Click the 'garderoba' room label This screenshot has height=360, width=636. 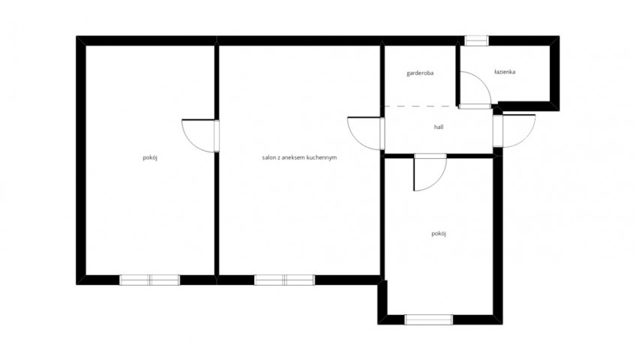tap(420, 73)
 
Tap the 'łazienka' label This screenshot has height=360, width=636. tap(505, 72)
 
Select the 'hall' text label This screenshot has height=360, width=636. tap(439, 127)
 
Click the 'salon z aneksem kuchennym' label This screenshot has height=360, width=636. tap(299, 157)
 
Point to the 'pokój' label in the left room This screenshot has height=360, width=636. tap(150, 157)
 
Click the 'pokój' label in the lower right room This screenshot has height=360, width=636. tap(439, 233)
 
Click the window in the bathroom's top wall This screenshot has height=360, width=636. tap(476, 40)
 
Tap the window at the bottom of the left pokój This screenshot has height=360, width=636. tap(150, 280)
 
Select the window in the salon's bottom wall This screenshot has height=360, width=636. tap(284, 280)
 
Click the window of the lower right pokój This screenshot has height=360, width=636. tap(428, 319)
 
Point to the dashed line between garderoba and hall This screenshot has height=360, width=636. tap(420, 106)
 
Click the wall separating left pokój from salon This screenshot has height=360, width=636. tap(217, 160)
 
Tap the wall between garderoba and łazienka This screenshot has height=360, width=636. tap(457, 75)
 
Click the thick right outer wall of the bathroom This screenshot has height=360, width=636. tap(554, 73)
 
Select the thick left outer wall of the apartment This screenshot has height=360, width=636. tap(81, 160)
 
